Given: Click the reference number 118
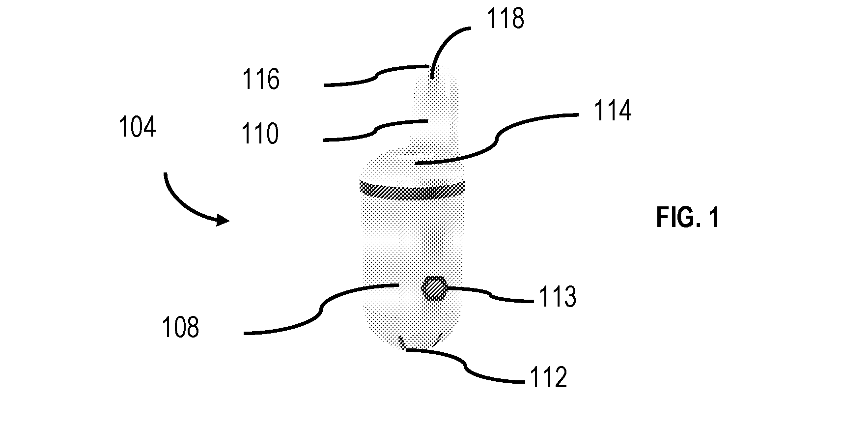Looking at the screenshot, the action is (506, 19).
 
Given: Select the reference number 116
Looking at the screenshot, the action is (261, 79).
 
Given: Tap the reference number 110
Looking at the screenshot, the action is (260, 134).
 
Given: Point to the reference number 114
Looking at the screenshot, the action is (612, 111).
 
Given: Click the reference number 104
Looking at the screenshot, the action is (138, 127).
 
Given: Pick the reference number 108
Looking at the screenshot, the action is (181, 327).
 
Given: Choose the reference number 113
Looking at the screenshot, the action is (558, 297).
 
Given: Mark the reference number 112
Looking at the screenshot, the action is (548, 378).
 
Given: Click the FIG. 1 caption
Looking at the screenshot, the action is (688, 218).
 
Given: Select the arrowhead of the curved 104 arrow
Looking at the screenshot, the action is (222, 221).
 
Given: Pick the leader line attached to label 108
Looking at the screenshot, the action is (320, 309).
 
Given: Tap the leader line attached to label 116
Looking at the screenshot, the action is (376, 76).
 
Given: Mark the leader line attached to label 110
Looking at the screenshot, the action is (375, 131).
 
